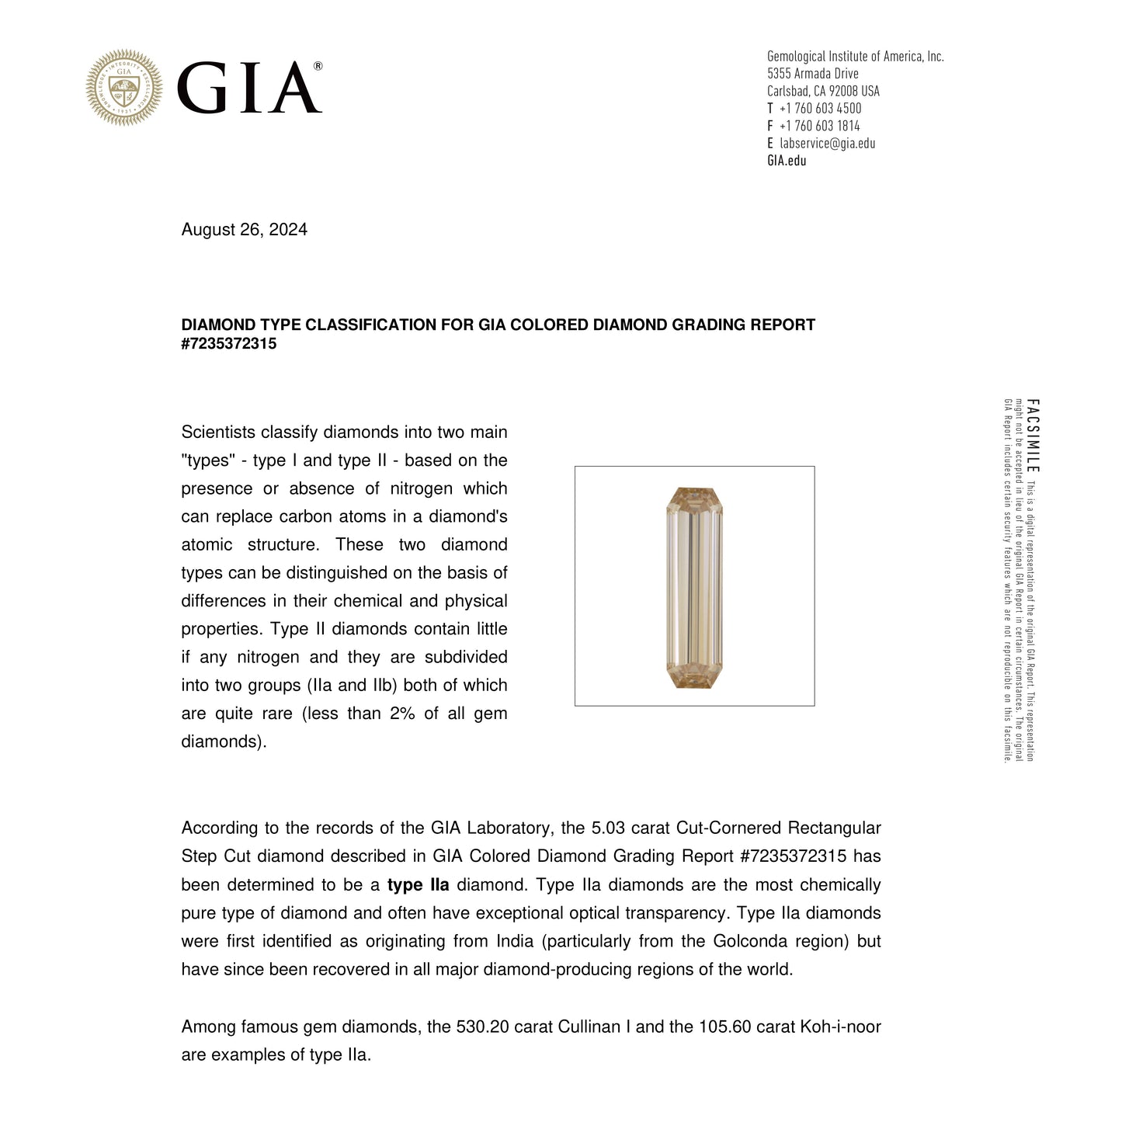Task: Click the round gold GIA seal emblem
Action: point(124,88)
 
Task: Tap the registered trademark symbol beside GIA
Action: point(318,67)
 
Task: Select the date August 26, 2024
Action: point(244,230)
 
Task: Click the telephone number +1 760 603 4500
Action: point(820,109)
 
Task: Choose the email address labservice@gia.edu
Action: point(827,144)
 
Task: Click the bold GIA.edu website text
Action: point(787,161)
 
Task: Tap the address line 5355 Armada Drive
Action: point(812,74)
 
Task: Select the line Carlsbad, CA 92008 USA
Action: point(823,91)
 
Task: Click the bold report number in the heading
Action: point(229,343)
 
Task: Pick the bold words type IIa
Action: point(418,885)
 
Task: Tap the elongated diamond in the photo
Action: point(693,587)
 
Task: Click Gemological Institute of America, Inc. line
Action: point(855,56)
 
